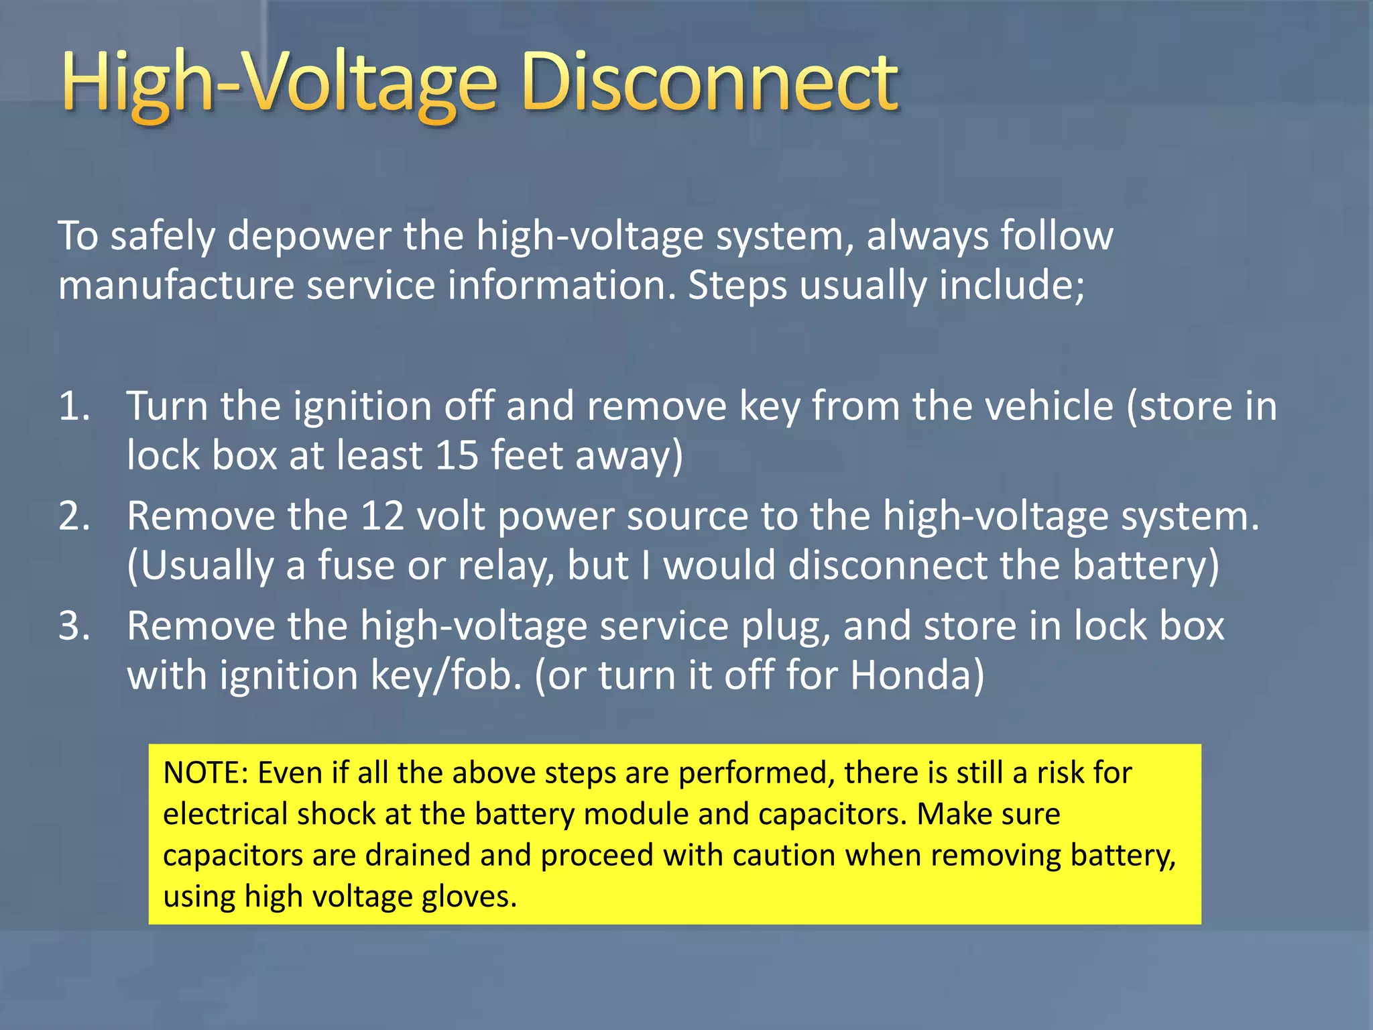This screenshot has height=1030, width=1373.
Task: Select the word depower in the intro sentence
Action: pyautogui.click(x=309, y=236)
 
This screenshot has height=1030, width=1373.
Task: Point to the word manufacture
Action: pyautogui.click(x=176, y=285)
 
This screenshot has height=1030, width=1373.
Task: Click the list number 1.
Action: pyautogui.click(x=74, y=406)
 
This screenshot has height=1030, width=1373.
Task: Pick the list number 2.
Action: pyautogui.click(x=74, y=516)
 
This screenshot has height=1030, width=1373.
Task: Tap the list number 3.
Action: pyautogui.click(x=74, y=626)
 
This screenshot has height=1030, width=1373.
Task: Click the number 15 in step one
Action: pyautogui.click(x=457, y=455)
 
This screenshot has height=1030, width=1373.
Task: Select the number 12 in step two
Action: pyautogui.click(x=382, y=516)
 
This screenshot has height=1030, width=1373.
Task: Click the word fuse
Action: pyautogui.click(x=356, y=565)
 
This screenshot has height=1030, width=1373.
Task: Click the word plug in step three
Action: pyautogui.click(x=784, y=627)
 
